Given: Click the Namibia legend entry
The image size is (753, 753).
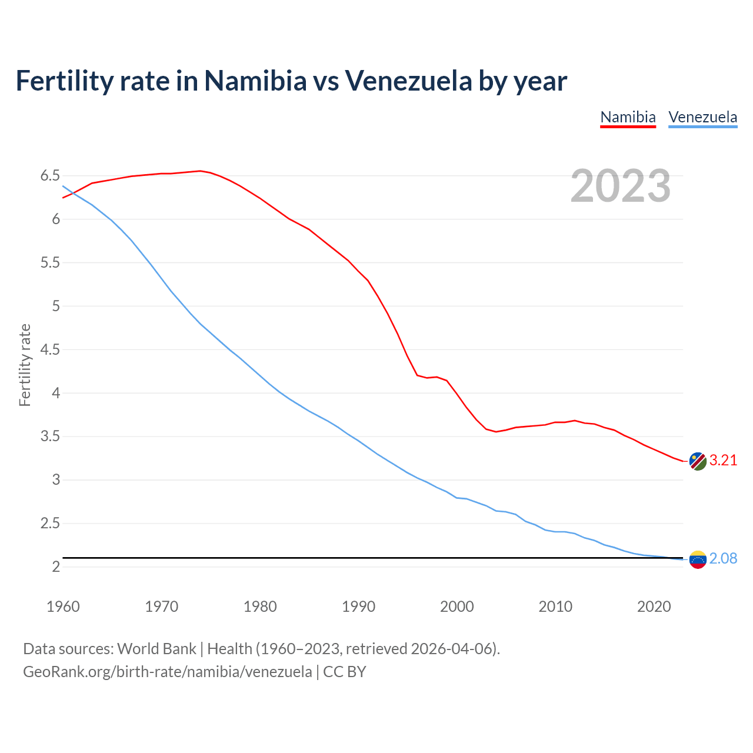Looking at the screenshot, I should coord(628,117).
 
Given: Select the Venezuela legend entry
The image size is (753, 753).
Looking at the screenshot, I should coord(702,117).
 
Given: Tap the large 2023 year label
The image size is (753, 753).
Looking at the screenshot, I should coord(620,186).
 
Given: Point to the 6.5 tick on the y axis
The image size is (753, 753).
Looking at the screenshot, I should coord(50,176).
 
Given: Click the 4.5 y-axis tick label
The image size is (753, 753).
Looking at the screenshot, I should coord(50,350).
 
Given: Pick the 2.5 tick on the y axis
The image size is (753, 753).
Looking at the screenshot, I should coord(50,524).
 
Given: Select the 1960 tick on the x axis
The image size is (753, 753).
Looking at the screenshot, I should coord(63,607).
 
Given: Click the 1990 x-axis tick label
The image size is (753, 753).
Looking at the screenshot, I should coord(358,607).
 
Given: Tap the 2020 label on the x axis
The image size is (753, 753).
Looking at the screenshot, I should coord(654,607).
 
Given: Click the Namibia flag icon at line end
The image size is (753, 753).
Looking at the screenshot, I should coord(697,461).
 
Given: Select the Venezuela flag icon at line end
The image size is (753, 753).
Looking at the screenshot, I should coord(697,559).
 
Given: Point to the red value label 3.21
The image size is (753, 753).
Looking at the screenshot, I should coord(723,461).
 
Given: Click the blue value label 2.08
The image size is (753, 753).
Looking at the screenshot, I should coord(723,559).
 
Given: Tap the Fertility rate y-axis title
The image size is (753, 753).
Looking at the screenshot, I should coord(25,365).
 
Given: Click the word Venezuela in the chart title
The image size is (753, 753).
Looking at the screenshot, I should coord(408,81).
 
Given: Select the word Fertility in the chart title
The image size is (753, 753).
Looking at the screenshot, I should coord(64,81).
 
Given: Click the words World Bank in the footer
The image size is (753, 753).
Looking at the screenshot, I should coord(156,649).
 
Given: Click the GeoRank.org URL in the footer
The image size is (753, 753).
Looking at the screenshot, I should coord(167,672).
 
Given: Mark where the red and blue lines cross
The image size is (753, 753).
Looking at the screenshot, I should coord(73,192).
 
